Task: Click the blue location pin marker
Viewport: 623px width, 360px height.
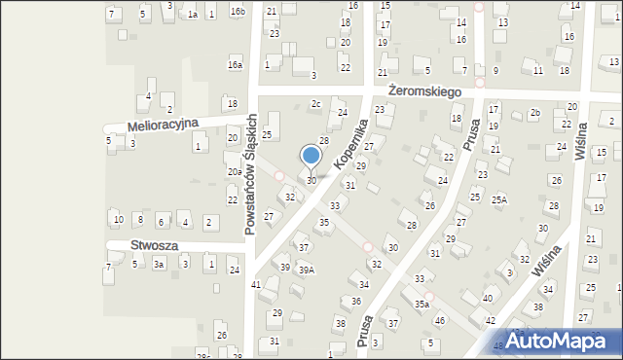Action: (x=311, y=157)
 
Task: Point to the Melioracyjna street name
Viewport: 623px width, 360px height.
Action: (x=163, y=125)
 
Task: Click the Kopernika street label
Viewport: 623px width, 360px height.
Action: (x=349, y=143)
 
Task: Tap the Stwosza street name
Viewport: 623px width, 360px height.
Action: (x=154, y=246)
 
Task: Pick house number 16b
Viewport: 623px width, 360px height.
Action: (x=238, y=11)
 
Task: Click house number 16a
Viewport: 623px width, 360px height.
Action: (x=235, y=65)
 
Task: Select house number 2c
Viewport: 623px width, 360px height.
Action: (x=315, y=104)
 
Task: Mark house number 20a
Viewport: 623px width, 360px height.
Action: (x=235, y=172)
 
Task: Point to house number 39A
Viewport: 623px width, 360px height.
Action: (x=306, y=270)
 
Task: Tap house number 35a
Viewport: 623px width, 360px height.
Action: (x=421, y=305)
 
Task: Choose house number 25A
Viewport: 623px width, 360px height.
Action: (x=499, y=199)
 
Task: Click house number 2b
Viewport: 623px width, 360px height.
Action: (x=535, y=113)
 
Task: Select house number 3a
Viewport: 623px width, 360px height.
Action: (x=158, y=265)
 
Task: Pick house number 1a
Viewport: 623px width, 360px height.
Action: (x=193, y=15)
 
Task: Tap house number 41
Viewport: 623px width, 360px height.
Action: (x=256, y=284)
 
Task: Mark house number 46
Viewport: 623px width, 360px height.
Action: (x=440, y=321)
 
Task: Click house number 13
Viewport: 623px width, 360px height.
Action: (x=502, y=22)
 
